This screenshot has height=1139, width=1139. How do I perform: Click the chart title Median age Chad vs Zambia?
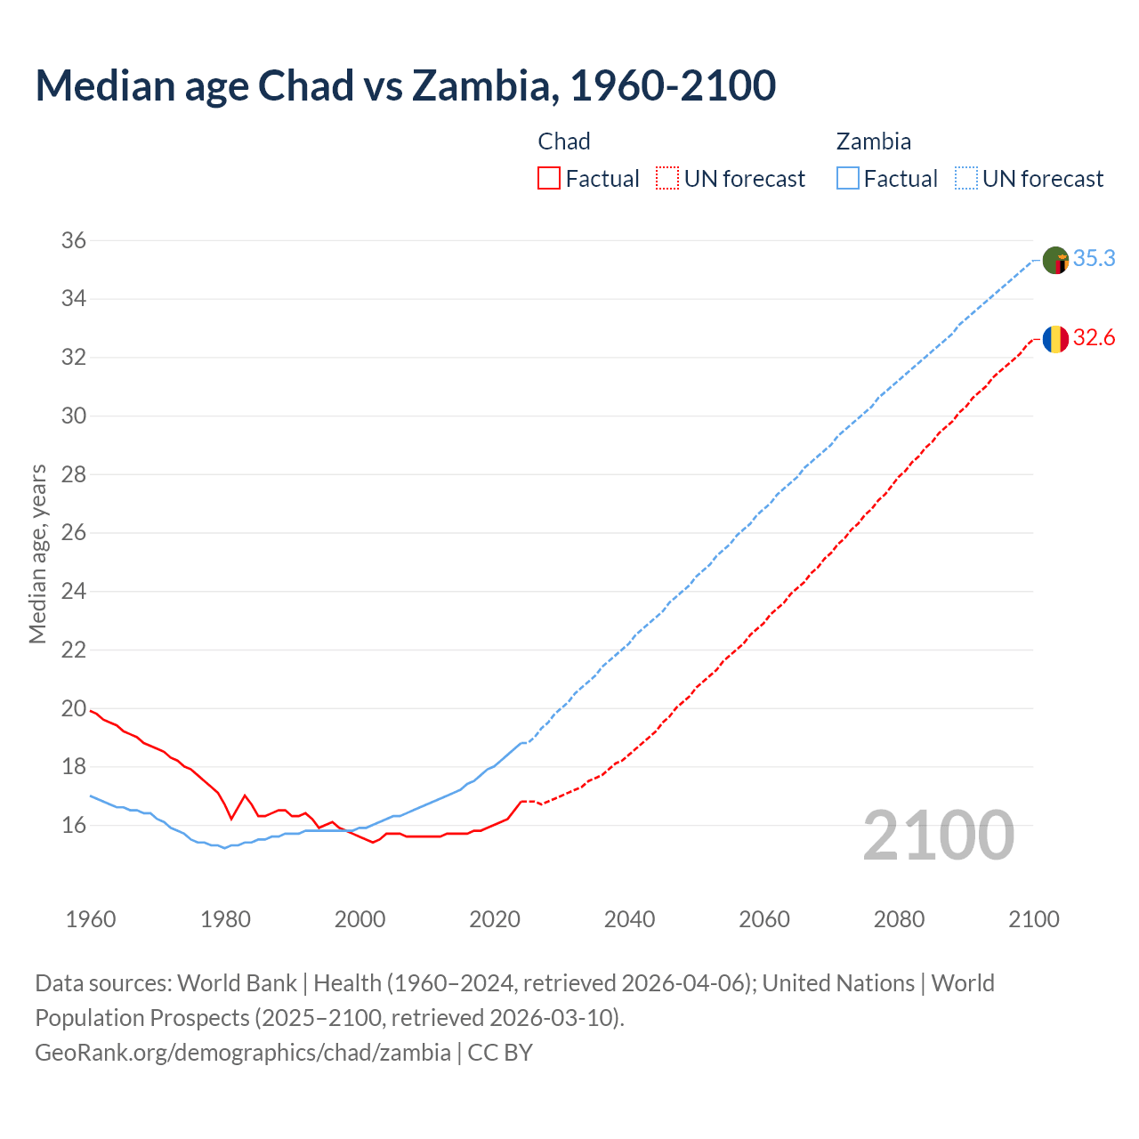click(405, 85)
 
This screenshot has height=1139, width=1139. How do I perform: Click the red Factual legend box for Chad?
click(549, 179)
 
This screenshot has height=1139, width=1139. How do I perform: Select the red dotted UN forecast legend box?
click(667, 179)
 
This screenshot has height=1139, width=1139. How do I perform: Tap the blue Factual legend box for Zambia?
click(848, 179)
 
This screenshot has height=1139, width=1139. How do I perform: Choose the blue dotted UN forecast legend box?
click(965, 179)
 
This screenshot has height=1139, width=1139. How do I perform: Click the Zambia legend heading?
click(873, 141)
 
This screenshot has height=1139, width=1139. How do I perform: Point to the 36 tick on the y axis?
click(74, 240)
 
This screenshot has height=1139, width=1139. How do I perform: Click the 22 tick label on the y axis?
click(74, 650)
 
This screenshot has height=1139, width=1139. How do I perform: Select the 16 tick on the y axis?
click(74, 825)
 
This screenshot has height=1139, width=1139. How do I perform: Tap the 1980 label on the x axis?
click(225, 919)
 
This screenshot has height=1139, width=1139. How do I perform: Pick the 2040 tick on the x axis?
click(629, 919)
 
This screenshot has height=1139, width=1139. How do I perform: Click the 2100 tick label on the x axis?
click(1033, 919)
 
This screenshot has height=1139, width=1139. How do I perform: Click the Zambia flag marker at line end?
click(1055, 261)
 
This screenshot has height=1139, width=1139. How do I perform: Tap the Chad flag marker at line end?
click(1055, 339)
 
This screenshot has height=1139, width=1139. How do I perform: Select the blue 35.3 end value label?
click(1094, 258)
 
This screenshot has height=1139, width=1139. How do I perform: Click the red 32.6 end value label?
click(1094, 338)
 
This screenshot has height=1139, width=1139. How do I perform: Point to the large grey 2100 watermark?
click(938, 835)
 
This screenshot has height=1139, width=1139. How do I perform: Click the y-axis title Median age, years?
click(37, 553)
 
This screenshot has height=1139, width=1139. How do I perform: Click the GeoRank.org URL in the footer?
click(243, 1052)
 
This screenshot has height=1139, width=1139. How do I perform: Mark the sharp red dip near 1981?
click(231, 818)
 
